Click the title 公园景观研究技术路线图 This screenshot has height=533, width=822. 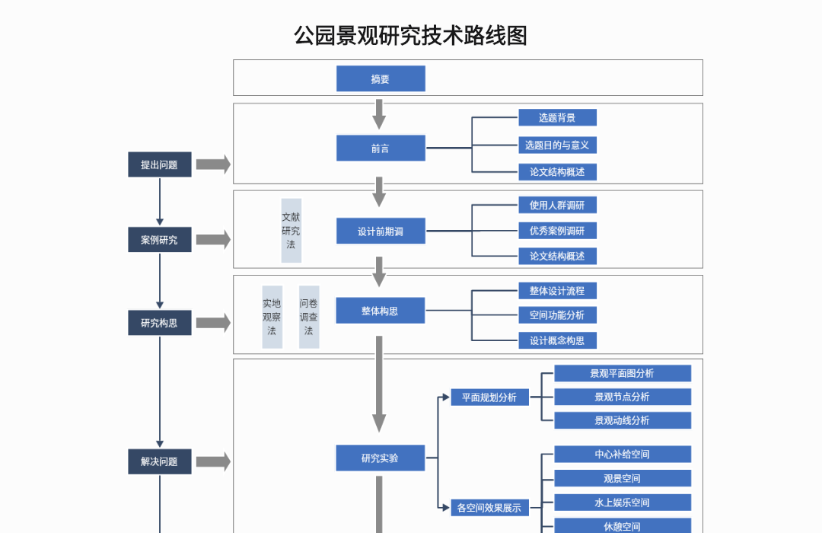tap(410, 35)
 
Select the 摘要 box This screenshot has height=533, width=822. tap(381, 78)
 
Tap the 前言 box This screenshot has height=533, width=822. tap(381, 148)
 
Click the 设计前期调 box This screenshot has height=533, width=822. tap(381, 231)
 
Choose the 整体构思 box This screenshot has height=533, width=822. tap(381, 311)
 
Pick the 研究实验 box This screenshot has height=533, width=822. tap(381, 458)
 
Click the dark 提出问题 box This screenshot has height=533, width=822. tap(159, 164)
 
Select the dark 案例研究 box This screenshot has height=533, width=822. tap(159, 240)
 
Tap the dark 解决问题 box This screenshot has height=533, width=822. tap(159, 461)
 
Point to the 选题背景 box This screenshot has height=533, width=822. tap(557, 117)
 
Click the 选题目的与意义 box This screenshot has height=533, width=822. tap(557, 145)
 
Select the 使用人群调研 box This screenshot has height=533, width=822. tap(557, 205)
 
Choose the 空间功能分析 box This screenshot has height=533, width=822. tap(557, 314)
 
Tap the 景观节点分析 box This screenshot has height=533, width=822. tap(622, 397)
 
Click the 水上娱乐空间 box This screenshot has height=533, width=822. tap(622, 503)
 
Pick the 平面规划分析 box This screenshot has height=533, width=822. tap(489, 397)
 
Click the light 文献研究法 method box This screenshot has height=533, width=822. tap(291, 231)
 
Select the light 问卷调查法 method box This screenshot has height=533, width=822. tap(309, 317)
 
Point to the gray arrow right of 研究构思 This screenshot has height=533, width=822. tap(213, 323)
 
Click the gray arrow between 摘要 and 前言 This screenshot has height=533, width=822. tap(379, 113)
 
